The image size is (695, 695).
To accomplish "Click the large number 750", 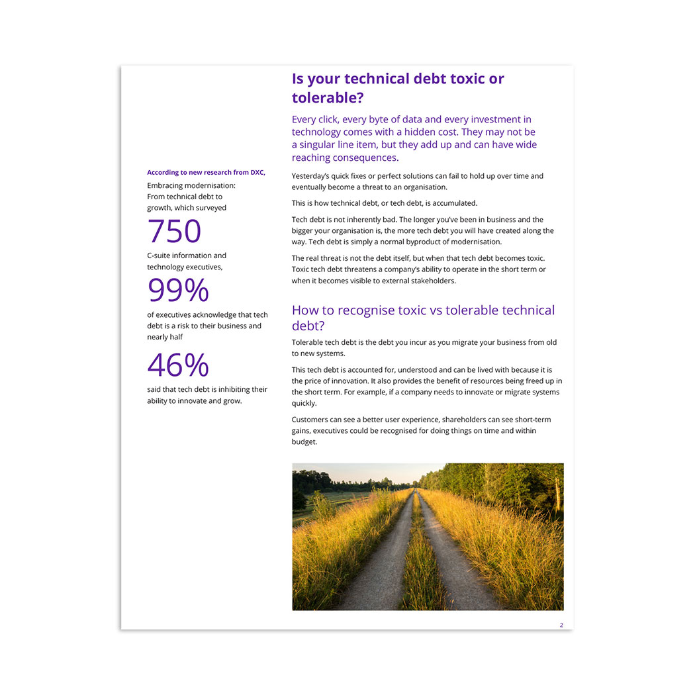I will pyautogui.click(x=174, y=231).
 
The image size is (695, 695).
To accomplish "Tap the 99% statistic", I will pyautogui.click(x=178, y=291).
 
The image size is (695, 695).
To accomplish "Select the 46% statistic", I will pyautogui.click(x=178, y=365).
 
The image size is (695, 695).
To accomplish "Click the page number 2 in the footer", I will pyautogui.click(x=561, y=625).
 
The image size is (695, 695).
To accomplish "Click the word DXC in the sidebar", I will pyautogui.click(x=257, y=173).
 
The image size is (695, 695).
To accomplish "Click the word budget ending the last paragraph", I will pyautogui.click(x=304, y=442).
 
